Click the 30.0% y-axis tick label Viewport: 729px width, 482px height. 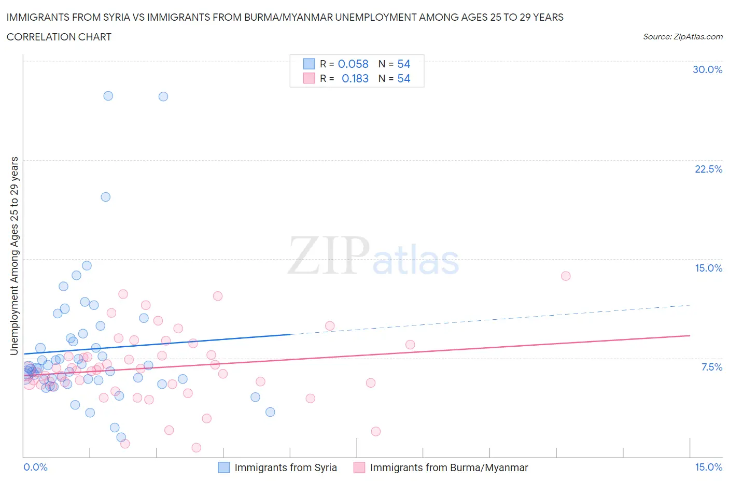[707, 69]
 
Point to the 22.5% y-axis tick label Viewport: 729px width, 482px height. [708, 169]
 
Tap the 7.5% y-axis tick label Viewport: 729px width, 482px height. [711, 367]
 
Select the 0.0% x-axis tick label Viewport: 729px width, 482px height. [36, 467]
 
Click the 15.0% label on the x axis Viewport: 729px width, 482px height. [708, 467]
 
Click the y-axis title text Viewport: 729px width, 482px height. [14, 256]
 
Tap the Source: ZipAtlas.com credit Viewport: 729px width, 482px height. [682, 36]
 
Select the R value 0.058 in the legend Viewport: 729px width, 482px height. [353, 64]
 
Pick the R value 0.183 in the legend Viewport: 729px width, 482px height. [355, 78]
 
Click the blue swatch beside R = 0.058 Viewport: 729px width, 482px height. [309, 64]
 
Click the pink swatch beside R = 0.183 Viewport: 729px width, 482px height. [309, 78]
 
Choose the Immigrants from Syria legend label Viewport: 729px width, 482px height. [286, 467]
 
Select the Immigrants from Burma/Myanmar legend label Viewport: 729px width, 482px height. [449, 467]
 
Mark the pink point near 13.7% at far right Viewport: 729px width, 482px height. [566, 276]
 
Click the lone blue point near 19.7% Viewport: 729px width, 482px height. [105, 197]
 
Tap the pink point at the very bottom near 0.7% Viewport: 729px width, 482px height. [196, 447]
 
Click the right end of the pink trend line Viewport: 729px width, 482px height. [690, 336]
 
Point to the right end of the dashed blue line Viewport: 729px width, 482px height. [690, 305]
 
